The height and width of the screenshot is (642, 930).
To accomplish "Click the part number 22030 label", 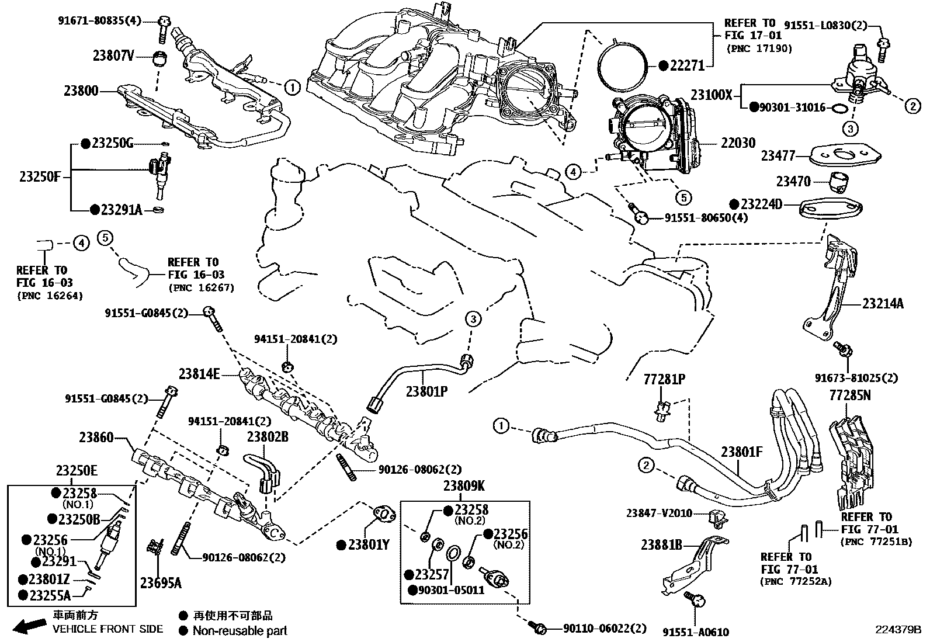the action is pos(738,143).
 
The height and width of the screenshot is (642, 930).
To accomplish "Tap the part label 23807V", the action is pos(113,55).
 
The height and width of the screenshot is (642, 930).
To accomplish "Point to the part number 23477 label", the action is pos(778,156).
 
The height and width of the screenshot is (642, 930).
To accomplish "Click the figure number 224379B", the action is pos(898,629).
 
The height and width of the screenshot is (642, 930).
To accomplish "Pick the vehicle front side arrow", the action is pos(29,626).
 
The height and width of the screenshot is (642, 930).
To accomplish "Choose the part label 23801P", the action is pos(426,391).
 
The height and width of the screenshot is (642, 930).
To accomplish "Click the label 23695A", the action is pos(161,583).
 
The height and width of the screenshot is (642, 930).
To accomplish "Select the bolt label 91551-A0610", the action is pos(696,632).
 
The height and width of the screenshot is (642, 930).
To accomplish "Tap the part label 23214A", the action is pos(883,304).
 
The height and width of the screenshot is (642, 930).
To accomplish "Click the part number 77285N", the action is pos(850,395).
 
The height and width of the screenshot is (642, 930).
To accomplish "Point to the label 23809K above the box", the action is pos(464,485).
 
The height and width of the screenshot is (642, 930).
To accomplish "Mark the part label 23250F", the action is pos(40,177).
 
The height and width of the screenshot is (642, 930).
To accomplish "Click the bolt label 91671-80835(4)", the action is pos(99,20).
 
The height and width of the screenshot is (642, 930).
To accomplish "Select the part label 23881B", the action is pos(662,544).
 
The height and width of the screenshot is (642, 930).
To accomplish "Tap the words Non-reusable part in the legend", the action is pos(240,631).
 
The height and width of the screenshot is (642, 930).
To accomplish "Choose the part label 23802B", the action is pos(268,436).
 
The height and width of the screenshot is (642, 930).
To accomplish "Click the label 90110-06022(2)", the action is pos(605,629).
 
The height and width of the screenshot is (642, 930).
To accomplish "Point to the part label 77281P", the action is pos(664,379).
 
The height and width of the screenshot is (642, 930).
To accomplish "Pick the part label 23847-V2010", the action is pos(660,513).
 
